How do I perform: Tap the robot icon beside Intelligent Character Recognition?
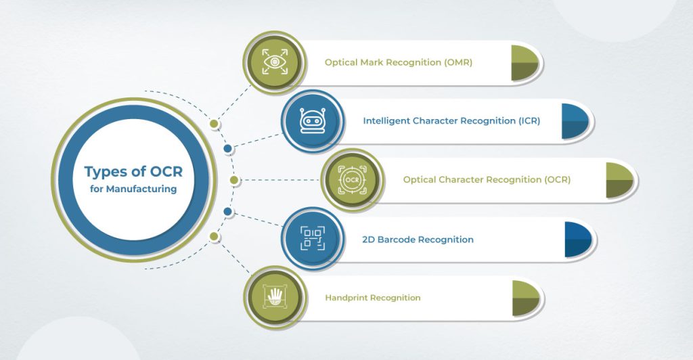coord(310,121)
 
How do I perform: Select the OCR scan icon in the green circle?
coord(351,180)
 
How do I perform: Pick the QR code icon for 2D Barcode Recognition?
coord(310,239)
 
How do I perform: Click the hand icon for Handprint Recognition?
coord(274,298)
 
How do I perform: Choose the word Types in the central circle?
coord(106,172)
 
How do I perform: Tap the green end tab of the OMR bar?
coord(524,63)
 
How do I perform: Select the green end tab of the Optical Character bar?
coord(619,180)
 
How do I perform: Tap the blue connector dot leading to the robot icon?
coord(228,148)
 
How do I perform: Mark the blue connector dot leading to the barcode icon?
coord(228,212)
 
